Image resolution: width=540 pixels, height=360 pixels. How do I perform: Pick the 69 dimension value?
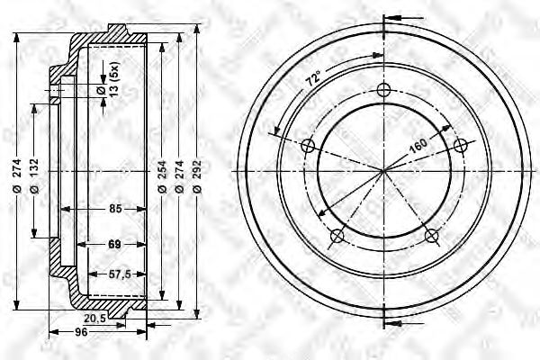115,243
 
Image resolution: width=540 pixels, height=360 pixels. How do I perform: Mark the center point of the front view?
384,170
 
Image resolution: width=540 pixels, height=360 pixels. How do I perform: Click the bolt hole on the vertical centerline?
384,89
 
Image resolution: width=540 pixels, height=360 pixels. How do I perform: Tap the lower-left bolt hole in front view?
337,236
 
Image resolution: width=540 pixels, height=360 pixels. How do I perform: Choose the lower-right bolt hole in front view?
432,236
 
